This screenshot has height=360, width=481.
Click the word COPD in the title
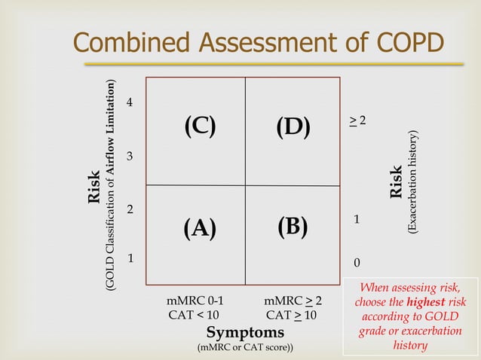click(403, 44)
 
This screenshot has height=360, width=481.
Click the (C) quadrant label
click(200, 127)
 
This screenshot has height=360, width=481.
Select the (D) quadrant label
click(293, 127)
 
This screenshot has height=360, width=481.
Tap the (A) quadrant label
click(200, 227)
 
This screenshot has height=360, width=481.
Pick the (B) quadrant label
click(293, 226)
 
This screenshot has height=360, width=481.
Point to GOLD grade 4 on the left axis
click(130, 102)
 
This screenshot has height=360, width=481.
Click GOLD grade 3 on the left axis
click(130, 156)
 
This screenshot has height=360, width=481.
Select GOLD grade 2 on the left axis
click(130, 209)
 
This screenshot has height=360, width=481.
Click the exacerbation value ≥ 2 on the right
click(357, 121)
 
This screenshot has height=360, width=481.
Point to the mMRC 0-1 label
click(195, 301)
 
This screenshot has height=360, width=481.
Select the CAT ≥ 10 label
click(293, 315)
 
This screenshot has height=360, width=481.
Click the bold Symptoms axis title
click(246, 332)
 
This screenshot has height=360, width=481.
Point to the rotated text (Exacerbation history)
click(412, 184)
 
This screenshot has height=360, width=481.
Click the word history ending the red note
click(410, 346)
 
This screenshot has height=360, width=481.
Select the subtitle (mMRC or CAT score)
click(246, 348)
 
